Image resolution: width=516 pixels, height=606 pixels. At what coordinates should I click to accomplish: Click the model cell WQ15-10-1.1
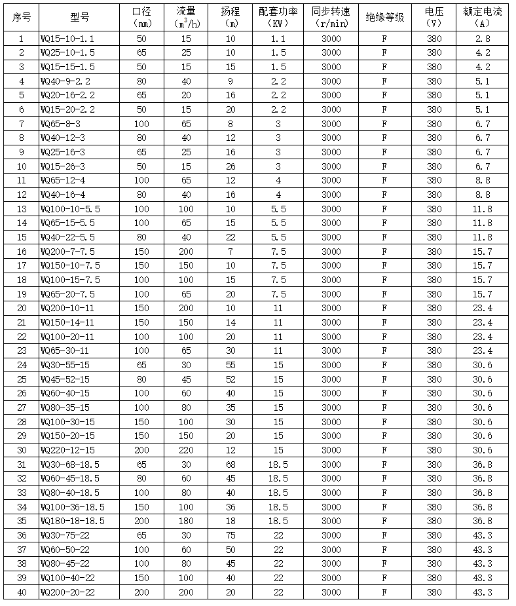pyautogui.click(x=67, y=39)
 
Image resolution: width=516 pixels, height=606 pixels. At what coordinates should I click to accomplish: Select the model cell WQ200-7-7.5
pyautogui.click(x=67, y=252)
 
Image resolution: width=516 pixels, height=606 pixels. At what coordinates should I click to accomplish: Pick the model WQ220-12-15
pyautogui.click(x=67, y=450)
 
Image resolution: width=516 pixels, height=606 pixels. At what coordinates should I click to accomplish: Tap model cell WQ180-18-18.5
pyautogui.click(x=72, y=521)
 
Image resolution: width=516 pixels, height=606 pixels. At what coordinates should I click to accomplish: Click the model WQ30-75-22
pyautogui.click(x=65, y=535)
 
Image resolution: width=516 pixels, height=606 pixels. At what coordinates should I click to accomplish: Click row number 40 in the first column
pyautogui.click(x=22, y=592)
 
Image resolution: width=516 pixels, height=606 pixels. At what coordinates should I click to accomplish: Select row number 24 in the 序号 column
pyautogui.click(x=22, y=365)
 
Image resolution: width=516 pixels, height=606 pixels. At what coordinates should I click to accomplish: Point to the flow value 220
pyautogui.click(x=185, y=450)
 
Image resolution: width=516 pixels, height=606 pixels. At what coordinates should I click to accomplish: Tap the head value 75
pyautogui.click(x=230, y=535)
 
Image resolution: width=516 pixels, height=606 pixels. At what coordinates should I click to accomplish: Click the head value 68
pyautogui.click(x=230, y=464)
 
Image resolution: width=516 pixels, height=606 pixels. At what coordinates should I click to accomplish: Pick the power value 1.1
pyautogui.click(x=278, y=39)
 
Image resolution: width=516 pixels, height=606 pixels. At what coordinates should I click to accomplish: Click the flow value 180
pyautogui.click(x=185, y=521)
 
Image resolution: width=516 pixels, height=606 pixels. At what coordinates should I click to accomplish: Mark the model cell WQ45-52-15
pyautogui.click(x=65, y=379)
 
